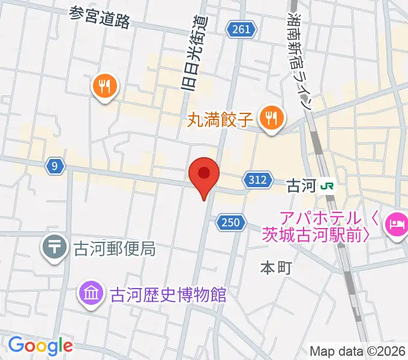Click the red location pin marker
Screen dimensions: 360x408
(x=204, y=175)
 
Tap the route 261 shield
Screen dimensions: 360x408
(x=242, y=29)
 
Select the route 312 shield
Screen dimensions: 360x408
(x=256, y=179)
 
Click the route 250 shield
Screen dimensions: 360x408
(x=229, y=223)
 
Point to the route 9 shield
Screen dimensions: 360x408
(x=55, y=167)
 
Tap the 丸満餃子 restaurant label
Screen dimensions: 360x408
(x=221, y=118)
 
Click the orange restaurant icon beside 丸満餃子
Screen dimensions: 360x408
(x=272, y=117)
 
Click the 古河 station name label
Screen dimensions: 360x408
(x=301, y=185)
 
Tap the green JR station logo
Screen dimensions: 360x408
(x=328, y=185)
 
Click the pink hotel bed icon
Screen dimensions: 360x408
(x=396, y=226)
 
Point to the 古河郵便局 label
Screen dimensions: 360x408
(x=114, y=248)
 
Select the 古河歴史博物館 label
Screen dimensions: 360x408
(x=167, y=295)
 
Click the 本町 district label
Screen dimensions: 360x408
(x=275, y=268)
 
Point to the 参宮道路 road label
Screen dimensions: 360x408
(x=100, y=17)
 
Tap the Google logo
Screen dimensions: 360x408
(x=40, y=346)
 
